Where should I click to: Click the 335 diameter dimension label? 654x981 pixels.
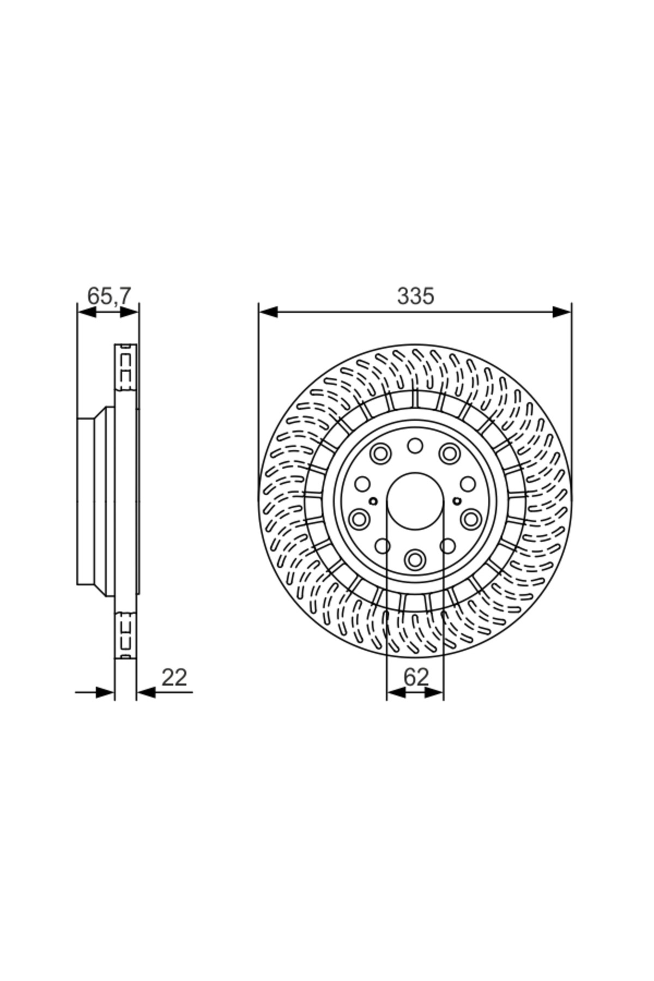[x=415, y=296]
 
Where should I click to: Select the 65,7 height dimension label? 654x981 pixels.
[x=109, y=296]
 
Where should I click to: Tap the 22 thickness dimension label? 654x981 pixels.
[x=174, y=677]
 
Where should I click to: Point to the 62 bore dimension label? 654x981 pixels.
[x=416, y=677]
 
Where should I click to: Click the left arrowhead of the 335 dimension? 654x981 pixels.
[x=268, y=312]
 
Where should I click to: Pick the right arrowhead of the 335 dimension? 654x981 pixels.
[x=562, y=312]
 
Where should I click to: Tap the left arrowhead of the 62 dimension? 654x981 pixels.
[x=396, y=692]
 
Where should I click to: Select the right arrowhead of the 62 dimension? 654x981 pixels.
[x=434, y=692]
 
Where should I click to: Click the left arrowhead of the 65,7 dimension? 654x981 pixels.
[x=87, y=312]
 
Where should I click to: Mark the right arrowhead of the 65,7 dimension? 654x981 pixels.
[x=129, y=312]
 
